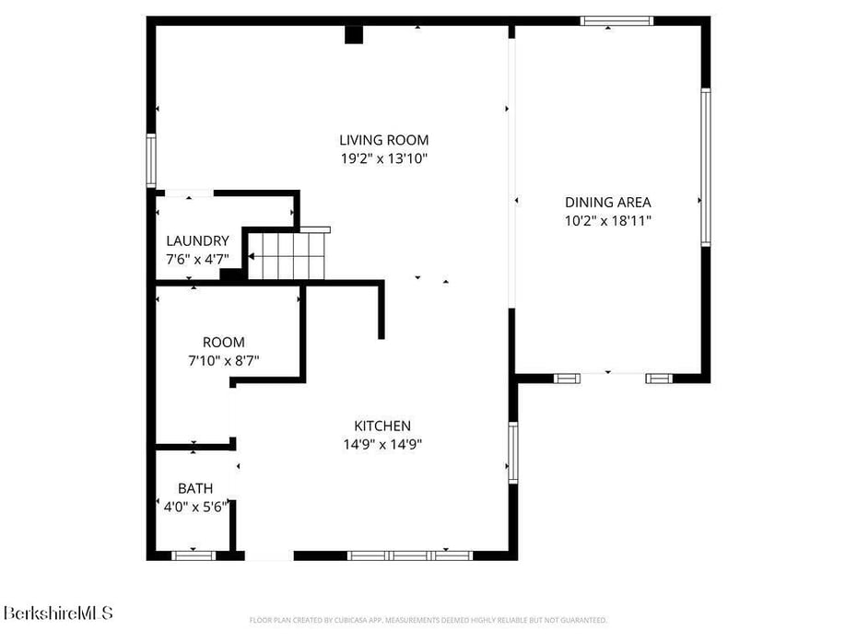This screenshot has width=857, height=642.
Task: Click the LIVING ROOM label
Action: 383,140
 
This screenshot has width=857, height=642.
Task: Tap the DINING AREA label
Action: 607,203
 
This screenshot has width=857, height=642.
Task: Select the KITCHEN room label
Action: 382,426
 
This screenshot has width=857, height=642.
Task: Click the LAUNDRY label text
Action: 197,241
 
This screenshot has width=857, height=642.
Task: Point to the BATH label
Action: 195,488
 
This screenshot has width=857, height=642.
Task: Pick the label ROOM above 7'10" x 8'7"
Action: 224,343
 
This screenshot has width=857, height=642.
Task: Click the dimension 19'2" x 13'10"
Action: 383,158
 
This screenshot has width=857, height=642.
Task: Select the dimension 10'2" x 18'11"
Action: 607,220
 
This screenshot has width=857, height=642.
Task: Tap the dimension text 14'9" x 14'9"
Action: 382,444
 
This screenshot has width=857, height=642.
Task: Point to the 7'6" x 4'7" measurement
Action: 197,260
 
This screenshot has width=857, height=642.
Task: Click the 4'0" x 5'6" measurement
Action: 195,507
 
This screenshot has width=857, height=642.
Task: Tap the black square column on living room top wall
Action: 354,34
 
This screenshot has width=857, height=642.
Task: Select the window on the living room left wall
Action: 151,160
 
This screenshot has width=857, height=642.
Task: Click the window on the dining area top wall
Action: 616,20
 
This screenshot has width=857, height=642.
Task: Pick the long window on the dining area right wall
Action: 705,167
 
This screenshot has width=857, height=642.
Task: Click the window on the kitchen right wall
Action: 513,453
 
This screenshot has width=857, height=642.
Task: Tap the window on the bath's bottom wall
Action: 194,555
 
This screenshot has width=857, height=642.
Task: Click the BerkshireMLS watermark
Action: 57,613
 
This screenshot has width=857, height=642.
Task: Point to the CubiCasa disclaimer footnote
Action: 428,620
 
